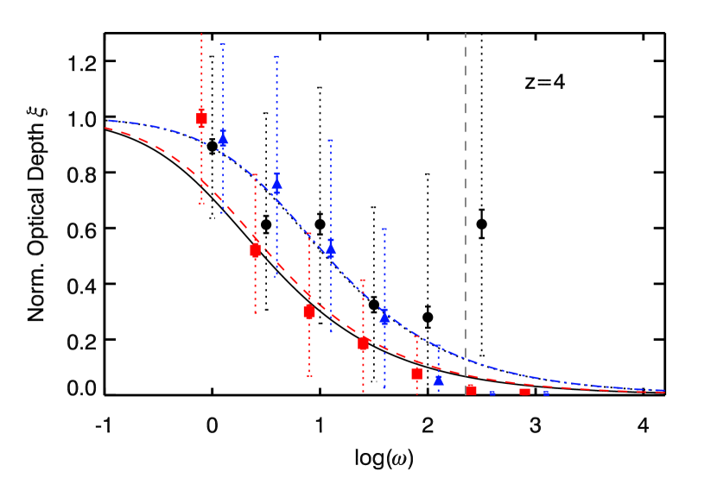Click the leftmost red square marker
201,119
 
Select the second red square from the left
255,250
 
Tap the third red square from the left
309,311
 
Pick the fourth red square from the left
363,343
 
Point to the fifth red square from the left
416,374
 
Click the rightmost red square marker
524,392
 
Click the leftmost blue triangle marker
223,140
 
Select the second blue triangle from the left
276,183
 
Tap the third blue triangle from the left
331,250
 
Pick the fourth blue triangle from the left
384,317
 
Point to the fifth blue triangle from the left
438,380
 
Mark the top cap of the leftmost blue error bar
223,44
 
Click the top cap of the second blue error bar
276,57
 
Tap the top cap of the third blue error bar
331,141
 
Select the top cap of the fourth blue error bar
384,230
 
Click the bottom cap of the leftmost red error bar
201,204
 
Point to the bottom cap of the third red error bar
309,375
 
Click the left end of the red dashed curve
106,129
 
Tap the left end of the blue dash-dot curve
110,121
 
